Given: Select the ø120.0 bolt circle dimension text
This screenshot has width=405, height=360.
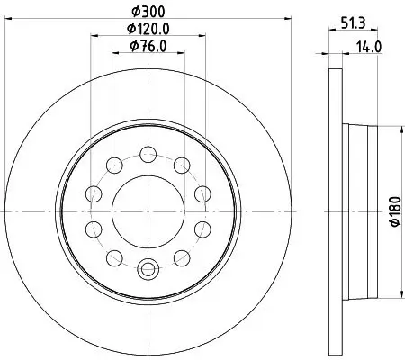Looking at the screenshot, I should tap(149, 29).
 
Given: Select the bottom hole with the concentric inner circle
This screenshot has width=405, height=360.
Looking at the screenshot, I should tap(149, 266).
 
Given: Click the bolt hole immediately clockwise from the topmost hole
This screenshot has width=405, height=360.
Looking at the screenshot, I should tap(182, 164).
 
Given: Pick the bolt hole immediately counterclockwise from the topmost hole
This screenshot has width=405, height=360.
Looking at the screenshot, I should tap(116, 164).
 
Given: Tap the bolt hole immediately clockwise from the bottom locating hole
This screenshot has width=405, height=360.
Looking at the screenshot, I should tap(116, 259).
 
